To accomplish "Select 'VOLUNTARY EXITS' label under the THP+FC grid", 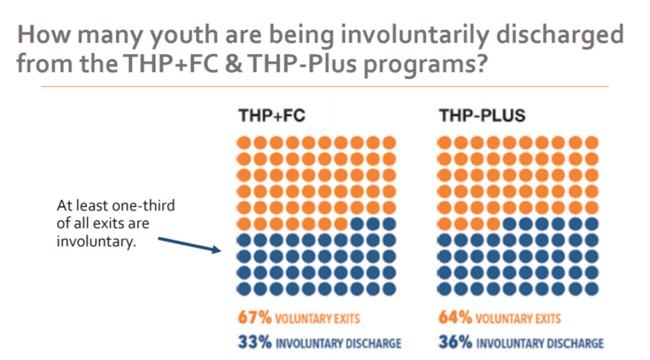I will point(310,317).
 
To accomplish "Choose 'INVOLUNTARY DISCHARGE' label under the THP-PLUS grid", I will point(540,343).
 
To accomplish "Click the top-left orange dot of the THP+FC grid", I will point(244,142).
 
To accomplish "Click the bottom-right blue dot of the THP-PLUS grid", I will point(592,288).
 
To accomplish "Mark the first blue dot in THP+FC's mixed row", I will point(356,224).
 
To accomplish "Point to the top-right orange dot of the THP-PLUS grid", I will point(592,142).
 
